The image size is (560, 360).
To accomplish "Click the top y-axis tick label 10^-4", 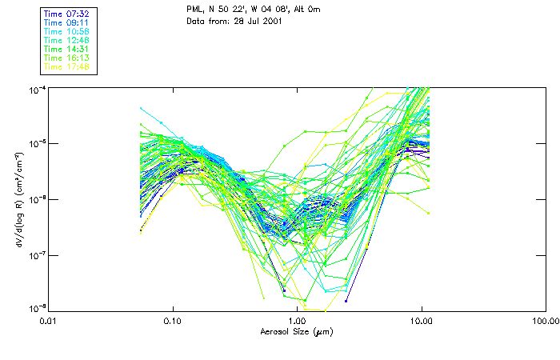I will click(37, 89).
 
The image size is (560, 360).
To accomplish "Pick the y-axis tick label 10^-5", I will click(37, 144).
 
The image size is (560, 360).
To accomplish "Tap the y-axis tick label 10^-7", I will click(37, 255).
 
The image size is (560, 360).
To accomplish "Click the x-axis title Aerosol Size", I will click(296, 331).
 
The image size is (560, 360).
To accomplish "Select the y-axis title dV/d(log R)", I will click(18, 198).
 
